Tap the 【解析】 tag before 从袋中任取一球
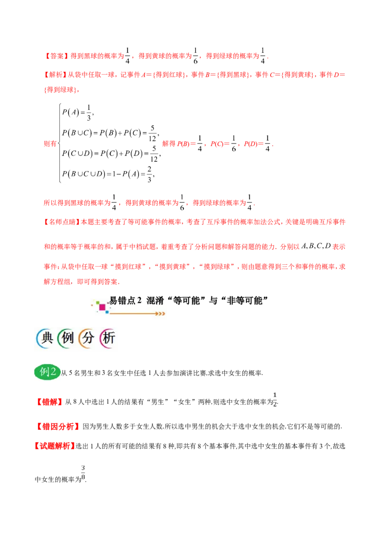coord(56,75)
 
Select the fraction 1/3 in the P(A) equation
coord(89,113)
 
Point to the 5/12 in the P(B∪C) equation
coord(152,134)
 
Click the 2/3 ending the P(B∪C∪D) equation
coord(149,174)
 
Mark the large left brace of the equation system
coord(60,143)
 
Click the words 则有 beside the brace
coord(50,144)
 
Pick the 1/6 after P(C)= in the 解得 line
coord(234,144)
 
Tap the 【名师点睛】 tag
coord(61,222)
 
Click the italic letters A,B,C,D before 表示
coord(315,246)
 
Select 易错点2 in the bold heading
coord(125,300)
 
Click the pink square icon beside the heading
coord(102,307)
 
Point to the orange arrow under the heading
coord(138,313)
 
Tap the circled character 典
coord(47,338)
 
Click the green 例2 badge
coord(47,372)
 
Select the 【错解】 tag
coord(49,402)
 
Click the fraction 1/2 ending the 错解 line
coord(275,400)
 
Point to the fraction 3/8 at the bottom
coord(83,473)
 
